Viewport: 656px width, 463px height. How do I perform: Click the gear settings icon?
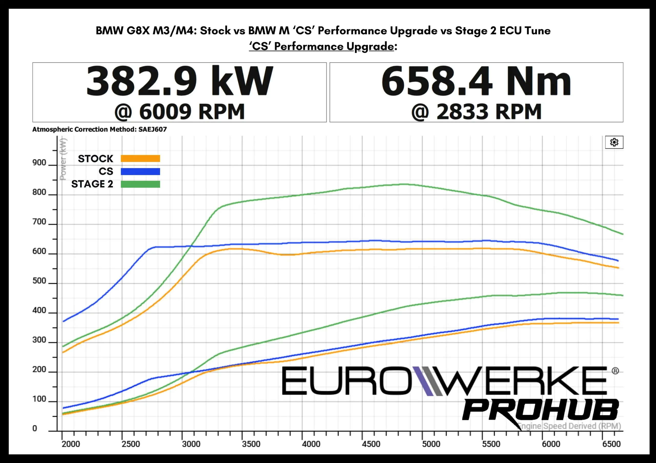click(614, 142)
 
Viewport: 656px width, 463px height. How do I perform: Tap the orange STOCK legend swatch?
click(140, 159)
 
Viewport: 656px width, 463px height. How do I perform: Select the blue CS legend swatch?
click(140, 171)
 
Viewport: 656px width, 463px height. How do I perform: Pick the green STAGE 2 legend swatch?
click(140, 184)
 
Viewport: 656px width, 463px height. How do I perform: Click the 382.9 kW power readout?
click(180, 81)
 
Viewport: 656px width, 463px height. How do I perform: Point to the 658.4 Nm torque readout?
click(476, 81)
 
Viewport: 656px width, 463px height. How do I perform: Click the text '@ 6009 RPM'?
click(179, 112)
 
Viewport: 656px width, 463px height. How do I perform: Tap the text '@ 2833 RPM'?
click(476, 112)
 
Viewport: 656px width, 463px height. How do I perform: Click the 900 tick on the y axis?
click(39, 163)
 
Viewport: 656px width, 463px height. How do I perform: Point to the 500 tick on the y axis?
click(39, 281)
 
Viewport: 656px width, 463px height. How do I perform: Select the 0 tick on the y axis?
click(35, 428)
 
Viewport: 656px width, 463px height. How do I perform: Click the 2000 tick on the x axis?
click(71, 444)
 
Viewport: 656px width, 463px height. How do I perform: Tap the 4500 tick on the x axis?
click(371, 444)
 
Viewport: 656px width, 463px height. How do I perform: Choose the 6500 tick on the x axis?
click(611, 444)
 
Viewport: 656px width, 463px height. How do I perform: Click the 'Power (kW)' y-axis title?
click(63, 159)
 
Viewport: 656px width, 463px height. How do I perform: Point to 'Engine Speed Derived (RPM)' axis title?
click(570, 426)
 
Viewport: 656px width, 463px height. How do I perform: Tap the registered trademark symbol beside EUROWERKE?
click(615, 371)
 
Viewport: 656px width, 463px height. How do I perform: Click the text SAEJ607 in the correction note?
click(152, 129)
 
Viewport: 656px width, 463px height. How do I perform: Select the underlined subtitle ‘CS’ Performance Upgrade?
click(321, 46)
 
